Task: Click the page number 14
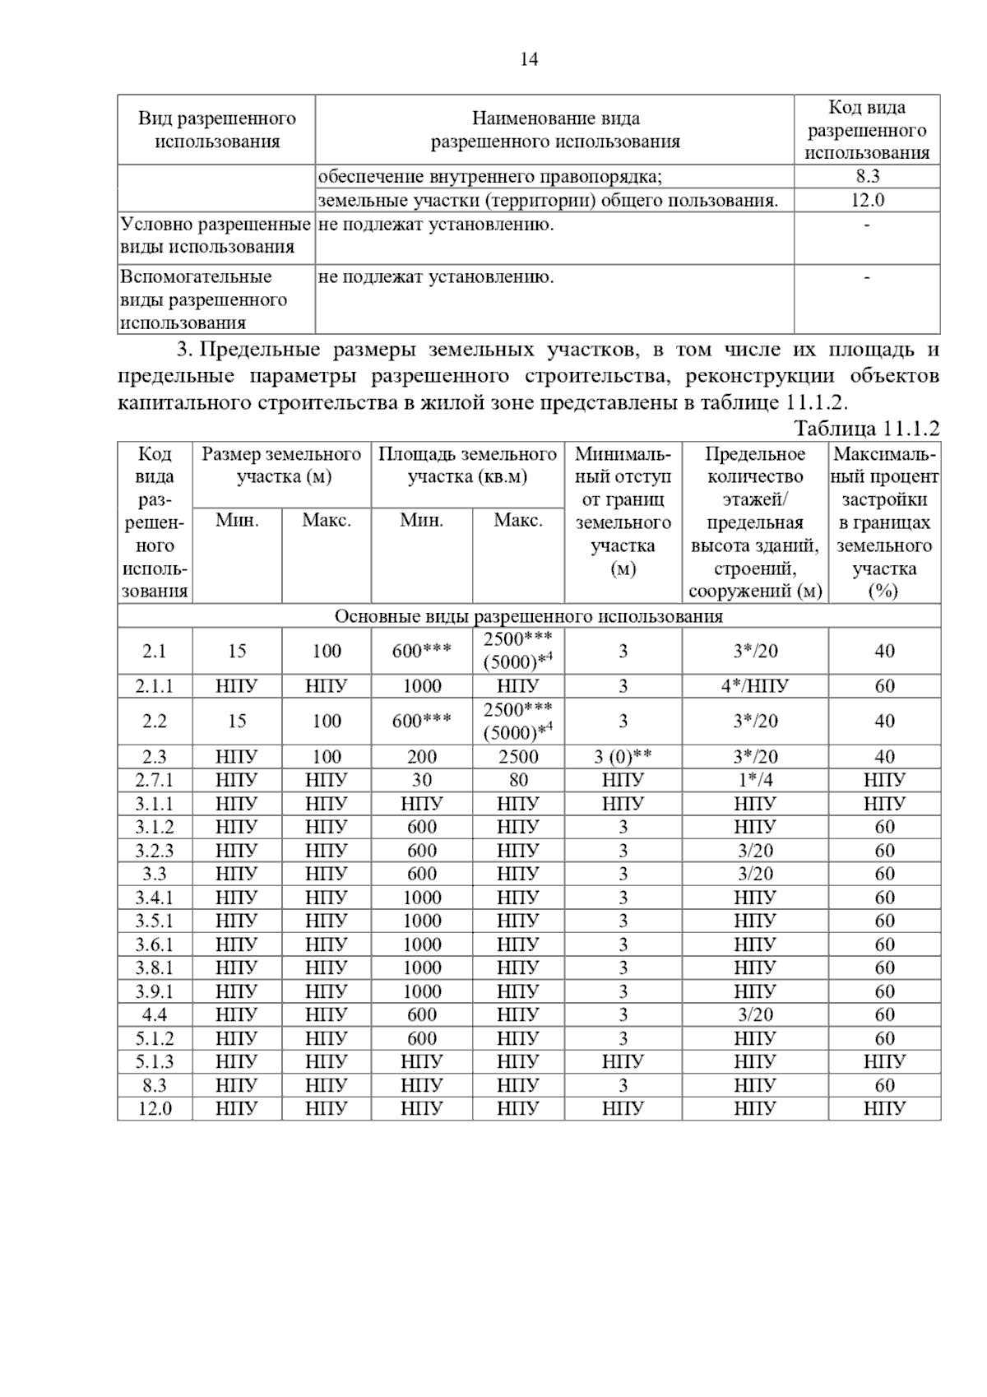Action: [x=529, y=59]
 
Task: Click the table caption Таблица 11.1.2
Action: [x=866, y=428]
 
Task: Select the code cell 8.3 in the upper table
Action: [x=867, y=176]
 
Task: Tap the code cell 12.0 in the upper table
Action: [x=867, y=200]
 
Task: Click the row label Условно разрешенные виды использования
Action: [x=215, y=236]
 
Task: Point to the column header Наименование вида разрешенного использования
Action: [x=555, y=130]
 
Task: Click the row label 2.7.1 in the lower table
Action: [x=155, y=780]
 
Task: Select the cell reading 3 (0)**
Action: [x=623, y=757]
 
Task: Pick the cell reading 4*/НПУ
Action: [x=754, y=686]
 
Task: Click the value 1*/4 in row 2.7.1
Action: [x=754, y=780]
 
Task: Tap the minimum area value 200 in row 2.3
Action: [x=422, y=757]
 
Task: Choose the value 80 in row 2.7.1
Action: [x=518, y=780]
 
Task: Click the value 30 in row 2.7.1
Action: [x=422, y=780]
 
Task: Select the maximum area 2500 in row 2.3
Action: [x=518, y=757]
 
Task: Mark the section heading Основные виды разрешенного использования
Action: [x=528, y=616]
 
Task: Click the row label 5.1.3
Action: [x=155, y=1061]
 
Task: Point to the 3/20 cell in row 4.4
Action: [x=754, y=1014]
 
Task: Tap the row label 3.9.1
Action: [x=155, y=991]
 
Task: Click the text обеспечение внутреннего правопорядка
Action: [x=490, y=176]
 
